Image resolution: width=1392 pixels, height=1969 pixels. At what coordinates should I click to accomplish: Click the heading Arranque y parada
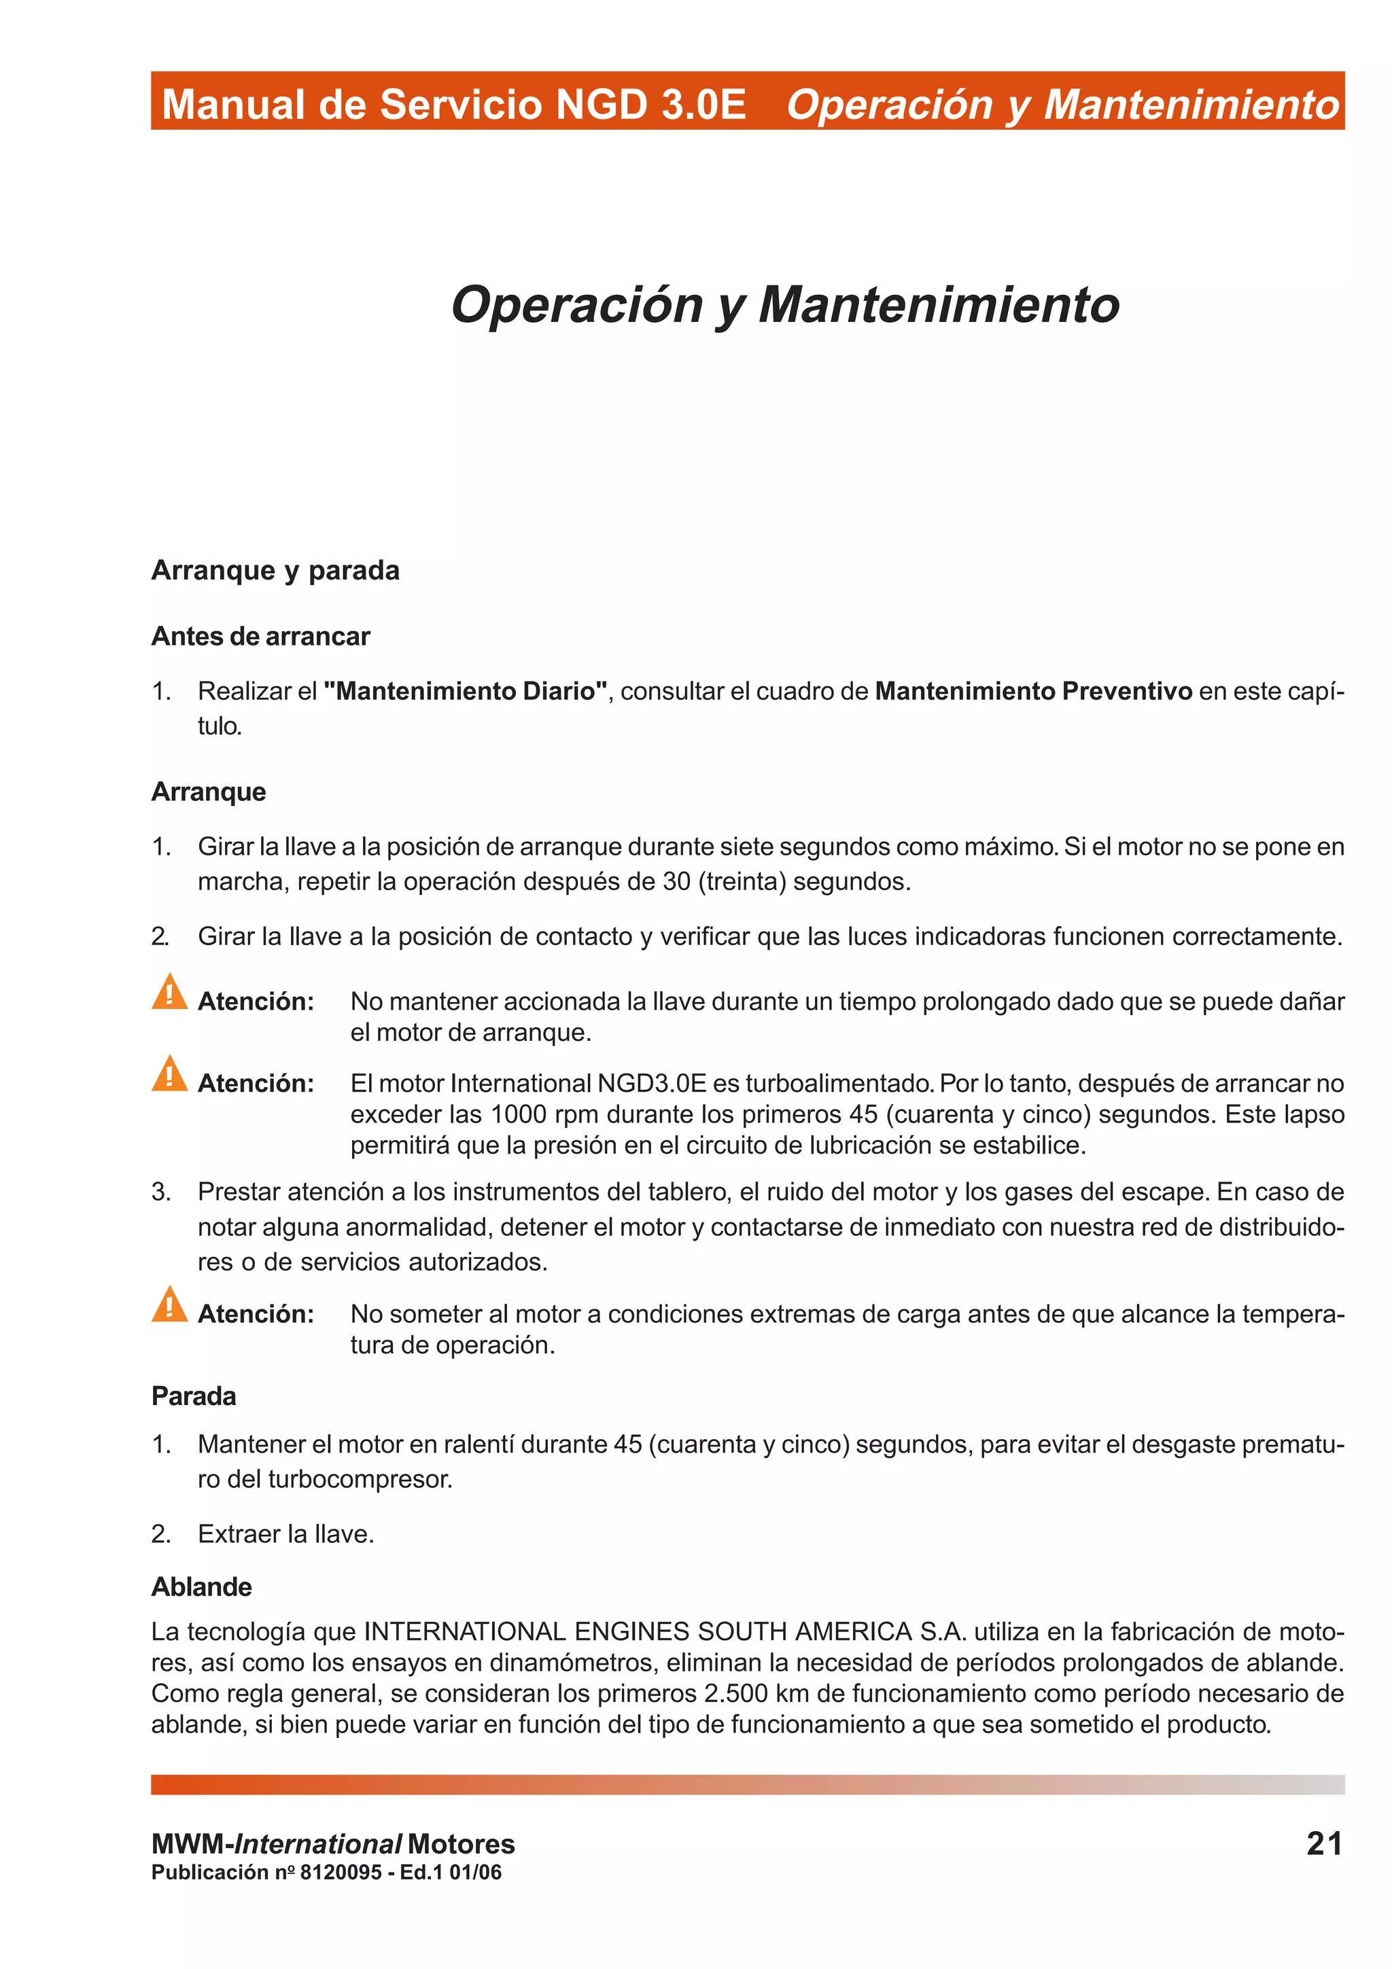275,570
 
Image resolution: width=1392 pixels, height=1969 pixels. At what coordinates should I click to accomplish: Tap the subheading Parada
193,1396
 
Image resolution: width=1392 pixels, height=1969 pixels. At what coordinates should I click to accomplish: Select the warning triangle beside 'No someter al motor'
169,1305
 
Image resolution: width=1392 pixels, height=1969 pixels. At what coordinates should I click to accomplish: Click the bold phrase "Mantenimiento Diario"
466,690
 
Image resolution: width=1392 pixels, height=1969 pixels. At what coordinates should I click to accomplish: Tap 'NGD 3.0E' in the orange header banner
650,105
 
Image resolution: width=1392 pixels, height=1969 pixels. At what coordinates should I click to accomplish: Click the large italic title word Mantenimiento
938,304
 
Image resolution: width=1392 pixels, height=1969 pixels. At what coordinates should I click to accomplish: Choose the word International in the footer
317,1844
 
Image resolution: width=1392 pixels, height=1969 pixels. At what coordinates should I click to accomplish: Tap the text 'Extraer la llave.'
285,1533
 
